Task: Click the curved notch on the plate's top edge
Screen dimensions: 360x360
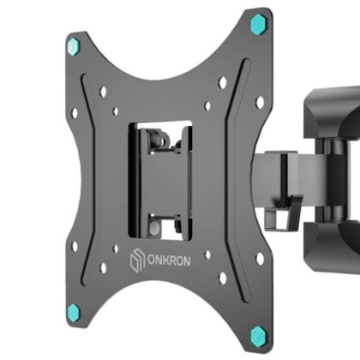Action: tap(163, 64)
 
